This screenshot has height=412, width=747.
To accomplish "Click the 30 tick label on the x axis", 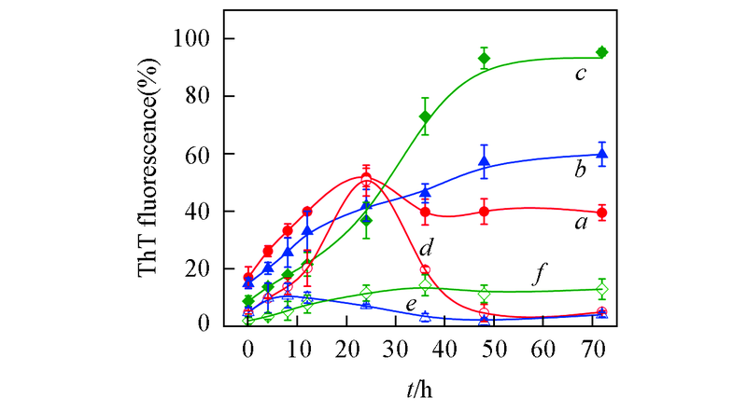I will pos(396,349).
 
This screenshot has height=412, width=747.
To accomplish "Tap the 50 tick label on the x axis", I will pos(494,349).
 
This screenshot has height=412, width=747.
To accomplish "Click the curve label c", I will pos(580,71).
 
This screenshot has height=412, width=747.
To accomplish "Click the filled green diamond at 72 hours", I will pos(602,52).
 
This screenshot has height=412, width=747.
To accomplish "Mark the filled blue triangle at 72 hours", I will pos(602,155).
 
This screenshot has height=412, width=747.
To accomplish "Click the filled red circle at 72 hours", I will pos(602,213).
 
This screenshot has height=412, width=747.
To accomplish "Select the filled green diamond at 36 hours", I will pos(425,117).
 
